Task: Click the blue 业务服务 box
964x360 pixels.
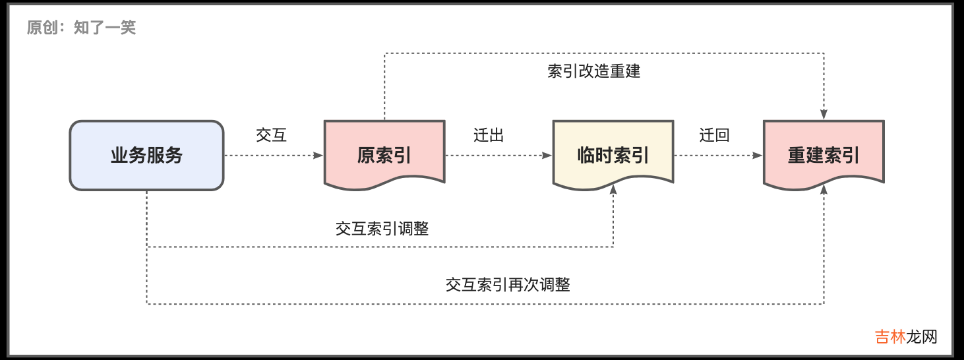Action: click(x=146, y=156)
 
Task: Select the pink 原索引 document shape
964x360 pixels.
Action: click(x=384, y=155)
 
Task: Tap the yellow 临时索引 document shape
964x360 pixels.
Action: click(x=613, y=155)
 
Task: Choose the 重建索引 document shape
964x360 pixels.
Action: click(x=824, y=155)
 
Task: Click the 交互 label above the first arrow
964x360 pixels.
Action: click(x=272, y=135)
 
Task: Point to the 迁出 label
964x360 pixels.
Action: click(x=489, y=135)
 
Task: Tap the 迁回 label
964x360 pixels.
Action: click(x=715, y=135)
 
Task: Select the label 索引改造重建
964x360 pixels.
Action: click(x=593, y=71)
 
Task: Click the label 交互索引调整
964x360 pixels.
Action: click(x=382, y=229)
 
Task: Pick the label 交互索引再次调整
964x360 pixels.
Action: click(x=508, y=285)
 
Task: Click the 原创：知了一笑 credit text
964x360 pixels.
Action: click(x=81, y=28)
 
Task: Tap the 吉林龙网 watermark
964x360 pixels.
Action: click(x=906, y=337)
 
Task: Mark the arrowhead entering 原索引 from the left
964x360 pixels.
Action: click(x=319, y=156)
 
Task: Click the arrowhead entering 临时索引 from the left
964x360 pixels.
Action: click(x=547, y=156)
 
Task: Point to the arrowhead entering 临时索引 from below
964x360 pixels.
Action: click(x=613, y=189)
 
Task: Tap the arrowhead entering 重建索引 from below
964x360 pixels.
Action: click(x=824, y=189)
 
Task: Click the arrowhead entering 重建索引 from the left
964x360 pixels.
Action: click(x=758, y=156)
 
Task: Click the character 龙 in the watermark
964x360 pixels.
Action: click(x=914, y=337)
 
